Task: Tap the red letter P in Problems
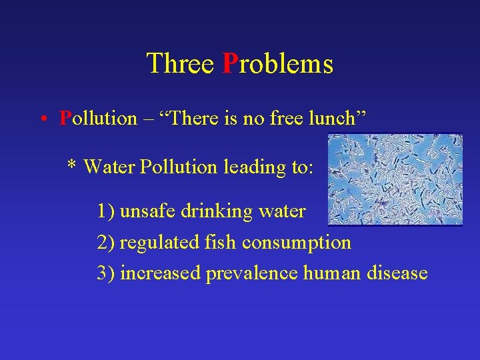tap(229, 64)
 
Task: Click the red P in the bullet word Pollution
tap(65, 118)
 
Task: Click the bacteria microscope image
tap(395, 179)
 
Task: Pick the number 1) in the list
tap(107, 212)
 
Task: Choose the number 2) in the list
tap(107, 243)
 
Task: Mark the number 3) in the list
tap(107, 273)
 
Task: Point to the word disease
tap(397, 273)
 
